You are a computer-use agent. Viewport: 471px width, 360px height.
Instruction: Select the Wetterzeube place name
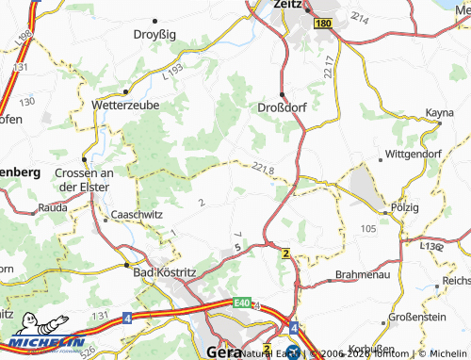(x=125, y=106)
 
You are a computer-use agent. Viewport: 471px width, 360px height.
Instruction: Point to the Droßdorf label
(x=284, y=106)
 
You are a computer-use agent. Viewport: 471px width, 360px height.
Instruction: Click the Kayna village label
(x=439, y=113)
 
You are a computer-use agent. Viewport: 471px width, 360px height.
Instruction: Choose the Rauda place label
(x=52, y=206)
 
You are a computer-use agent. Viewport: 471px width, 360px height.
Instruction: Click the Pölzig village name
(x=405, y=205)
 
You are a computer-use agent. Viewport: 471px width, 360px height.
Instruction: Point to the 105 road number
(x=367, y=229)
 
